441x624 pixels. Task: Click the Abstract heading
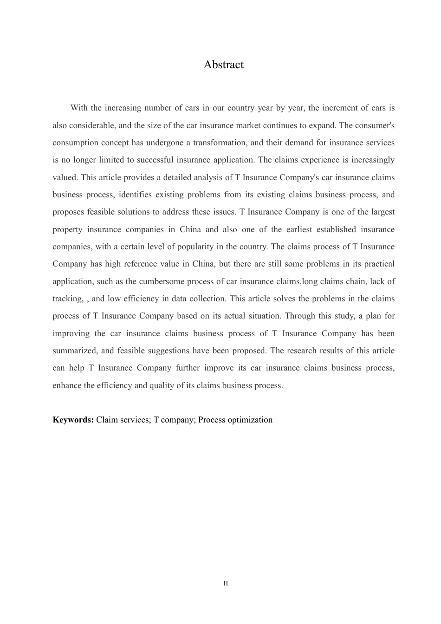tap(223, 65)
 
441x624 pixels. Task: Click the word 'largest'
tap(383, 212)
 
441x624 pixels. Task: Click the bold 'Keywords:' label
tap(73, 420)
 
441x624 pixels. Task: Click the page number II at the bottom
tap(226, 584)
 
